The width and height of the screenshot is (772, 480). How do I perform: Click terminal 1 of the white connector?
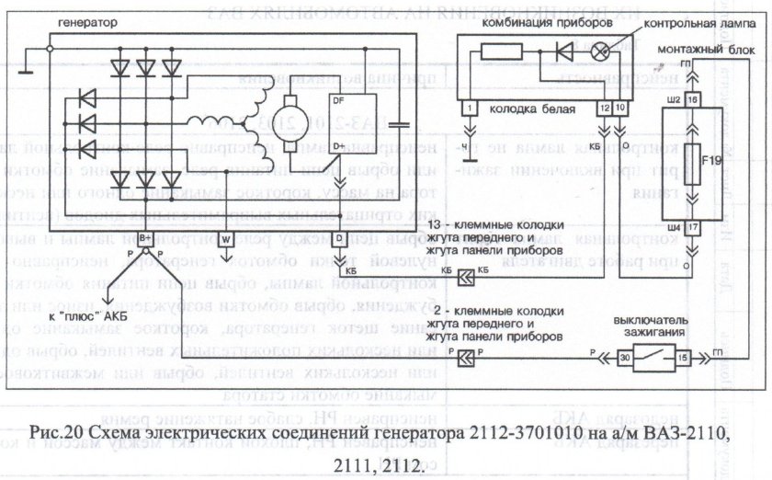[x=471, y=109]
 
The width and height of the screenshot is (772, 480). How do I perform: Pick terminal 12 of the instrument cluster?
[x=603, y=109]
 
